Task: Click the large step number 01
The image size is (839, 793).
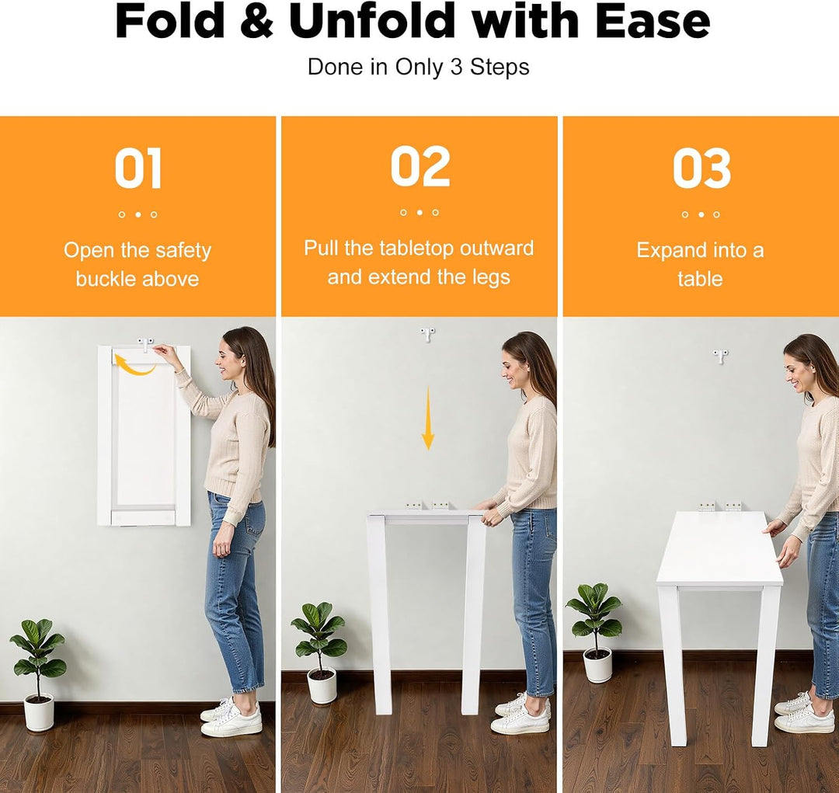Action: point(138,169)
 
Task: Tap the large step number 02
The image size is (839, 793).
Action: point(420,166)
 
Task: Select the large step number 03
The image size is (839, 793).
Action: point(701,169)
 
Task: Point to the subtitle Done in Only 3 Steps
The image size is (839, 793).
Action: point(419,67)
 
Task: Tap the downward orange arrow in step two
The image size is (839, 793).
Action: point(427,419)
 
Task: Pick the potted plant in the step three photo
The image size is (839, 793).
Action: point(595,632)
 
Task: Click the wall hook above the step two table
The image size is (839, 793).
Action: point(427,335)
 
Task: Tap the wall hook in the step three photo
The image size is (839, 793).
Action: point(720,357)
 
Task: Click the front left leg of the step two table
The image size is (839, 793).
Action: point(379,614)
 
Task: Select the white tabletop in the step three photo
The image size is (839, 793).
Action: point(719,548)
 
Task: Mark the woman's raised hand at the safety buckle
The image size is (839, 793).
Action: point(165,353)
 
